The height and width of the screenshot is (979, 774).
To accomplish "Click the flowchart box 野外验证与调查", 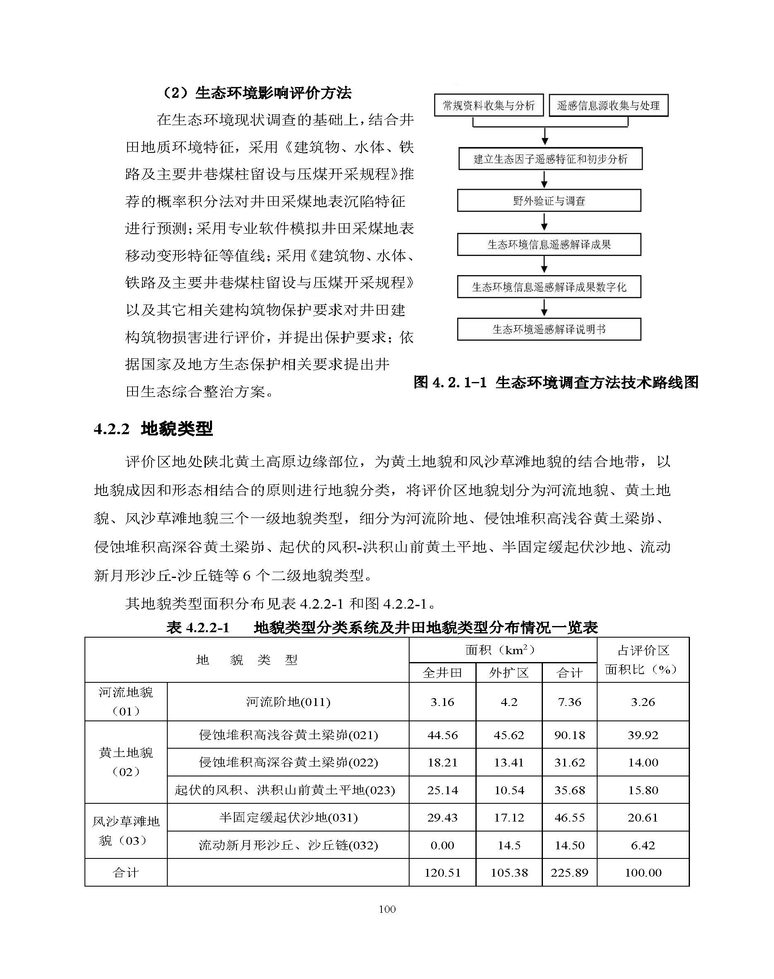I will (x=549, y=201).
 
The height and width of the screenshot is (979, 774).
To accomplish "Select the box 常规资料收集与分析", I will (x=489, y=106).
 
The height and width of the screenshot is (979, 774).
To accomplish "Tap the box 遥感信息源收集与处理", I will (x=608, y=106).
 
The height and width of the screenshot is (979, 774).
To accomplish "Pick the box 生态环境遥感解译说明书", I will (x=549, y=329).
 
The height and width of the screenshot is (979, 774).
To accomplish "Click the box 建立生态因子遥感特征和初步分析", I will (x=550, y=159).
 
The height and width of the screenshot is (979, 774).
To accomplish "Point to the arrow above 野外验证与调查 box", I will (x=545, y=179).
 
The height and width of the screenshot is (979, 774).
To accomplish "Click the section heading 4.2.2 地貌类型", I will (x=153, y=428).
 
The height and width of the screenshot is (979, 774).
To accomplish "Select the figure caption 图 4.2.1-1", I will (x=556, y=382).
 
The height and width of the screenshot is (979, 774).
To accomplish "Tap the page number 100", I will (x=387, y=909).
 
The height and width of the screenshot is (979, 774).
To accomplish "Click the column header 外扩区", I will (x=509, y=672).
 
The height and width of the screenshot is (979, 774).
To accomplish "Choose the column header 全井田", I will (x=442, y=672).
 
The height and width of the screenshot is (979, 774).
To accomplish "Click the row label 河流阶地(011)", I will (x=288, y=702).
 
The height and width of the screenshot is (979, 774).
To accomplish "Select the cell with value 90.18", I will (x=569, y=735).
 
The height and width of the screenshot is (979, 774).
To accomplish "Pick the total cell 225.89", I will (x=569, y=873).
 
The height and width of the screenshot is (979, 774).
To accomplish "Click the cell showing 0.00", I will (x=442, y=845).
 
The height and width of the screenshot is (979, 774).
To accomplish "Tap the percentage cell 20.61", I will (x=643, y=817).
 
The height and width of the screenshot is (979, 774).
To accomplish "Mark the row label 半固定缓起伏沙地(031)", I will (x=288, y=817).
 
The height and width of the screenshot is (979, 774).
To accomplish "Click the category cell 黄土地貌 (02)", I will (x=126, y=762).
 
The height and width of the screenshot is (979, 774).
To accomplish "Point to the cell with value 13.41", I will (x=509, y=762).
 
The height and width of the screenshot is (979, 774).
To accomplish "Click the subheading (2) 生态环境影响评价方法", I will (x=256, y=93).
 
